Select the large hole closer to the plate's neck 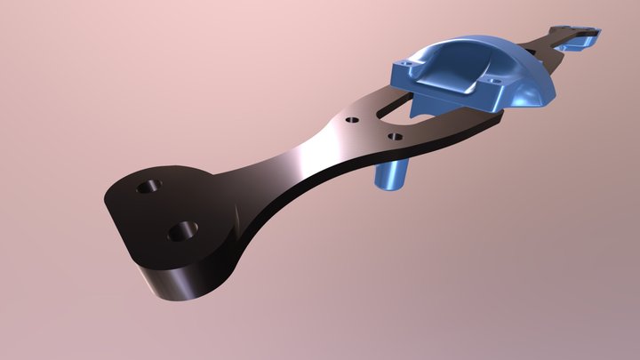[x=185, y=230]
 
